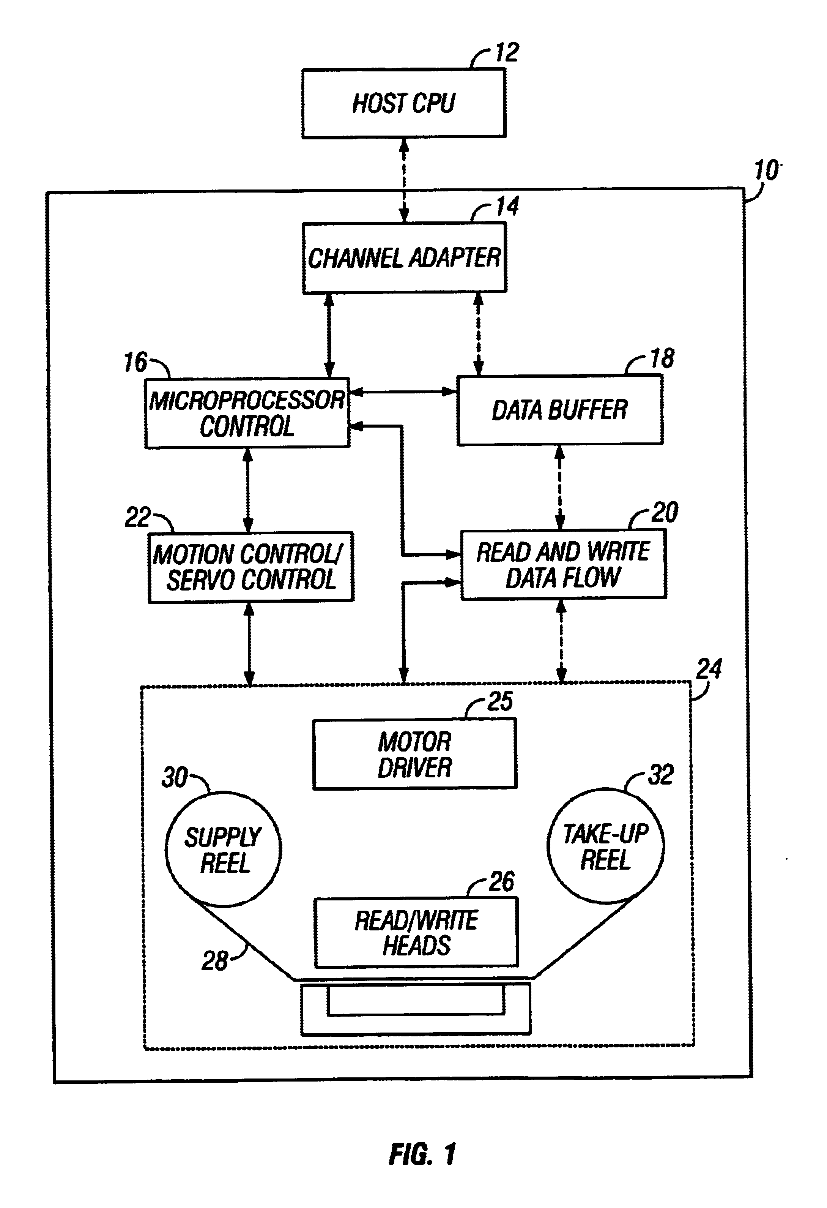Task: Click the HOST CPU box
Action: pyautogui.click(x=403, y=103)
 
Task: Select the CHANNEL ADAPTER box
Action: pyautogui.click(x=404, y=258)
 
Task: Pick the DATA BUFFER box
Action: pyautogui.click(x=559, y=410)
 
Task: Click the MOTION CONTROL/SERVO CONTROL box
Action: pyautogui.click(x=251, y=567)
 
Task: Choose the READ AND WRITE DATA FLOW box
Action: pyautogui.click(x=563, y=564)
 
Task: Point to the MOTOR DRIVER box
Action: pyautogui.click(x=414, y=754)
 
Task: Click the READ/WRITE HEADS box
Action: pyautogui.click(x=416, y=933)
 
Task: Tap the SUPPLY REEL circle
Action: pyautogui.click(x=224, y=850)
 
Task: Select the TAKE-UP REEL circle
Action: pyautogui.click(x=605, y=846)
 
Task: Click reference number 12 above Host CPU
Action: pyautogui.click(x=507, y=52)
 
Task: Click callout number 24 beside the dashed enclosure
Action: pyautogui.click(x=709, y=669)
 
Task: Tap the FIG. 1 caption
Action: pyautogui.click(x=422, y=1154)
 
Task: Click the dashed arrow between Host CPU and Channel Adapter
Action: pyautogui.click(x=403, y=180)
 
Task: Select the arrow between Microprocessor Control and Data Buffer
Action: pyautogui.click(x=403, y=392)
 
